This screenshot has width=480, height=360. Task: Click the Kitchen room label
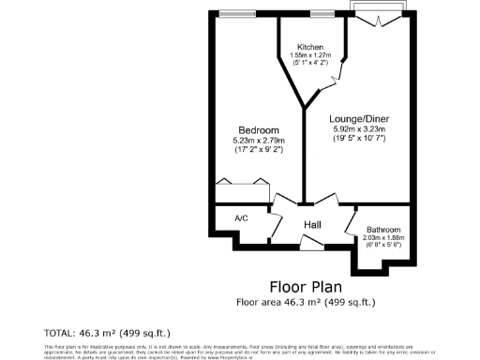tap(310, 47)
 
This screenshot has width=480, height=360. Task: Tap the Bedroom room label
tap(257, 129)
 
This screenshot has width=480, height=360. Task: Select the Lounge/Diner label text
tap(359, 119)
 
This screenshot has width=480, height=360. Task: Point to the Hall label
tap(313, 224)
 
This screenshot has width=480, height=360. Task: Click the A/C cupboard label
tap(241, 218)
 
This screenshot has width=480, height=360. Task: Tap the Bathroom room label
tap(383, 229)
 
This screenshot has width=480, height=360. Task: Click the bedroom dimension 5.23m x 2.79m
tap(257, 141)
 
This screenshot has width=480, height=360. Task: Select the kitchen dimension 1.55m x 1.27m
tap(310, 56)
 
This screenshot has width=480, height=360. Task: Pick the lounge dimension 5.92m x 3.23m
tap(359, 130)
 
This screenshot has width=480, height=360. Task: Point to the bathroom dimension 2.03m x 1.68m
tap(383, 237)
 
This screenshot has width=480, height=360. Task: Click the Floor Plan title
tap(306, 286)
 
